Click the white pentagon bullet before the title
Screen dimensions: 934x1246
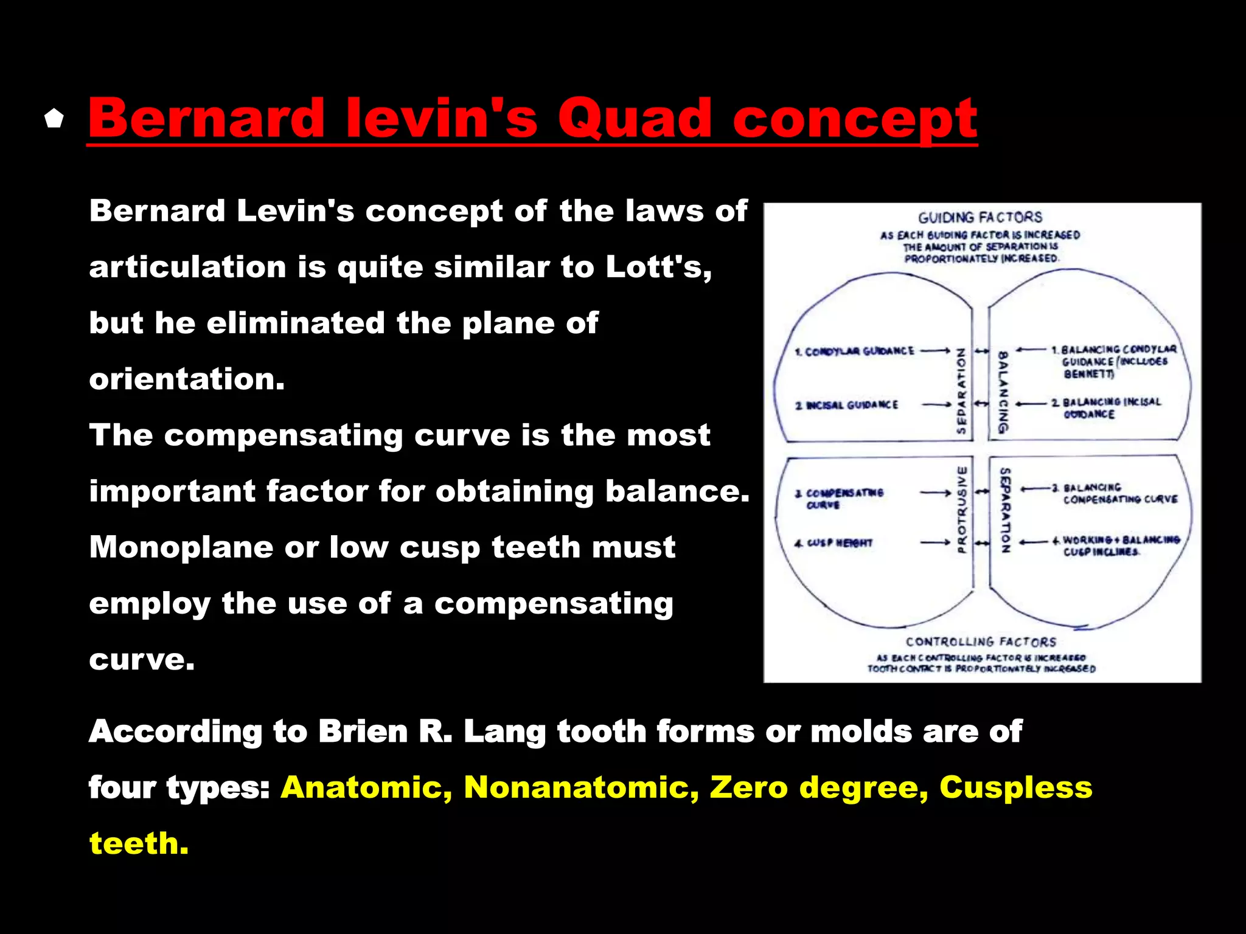pyautogui.click(x=54, y=119)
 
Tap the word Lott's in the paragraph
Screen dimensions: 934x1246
pyautogui.click(x=658, y=267)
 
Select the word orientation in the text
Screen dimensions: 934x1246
pyautogui.click(x=187, y=379)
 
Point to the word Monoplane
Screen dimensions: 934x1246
pyautogui.click(x=181, y=547)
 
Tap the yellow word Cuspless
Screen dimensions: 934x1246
pyautogui.click(x=1015, y=787)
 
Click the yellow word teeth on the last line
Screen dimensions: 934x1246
pyautogui.click(x=139, y=844)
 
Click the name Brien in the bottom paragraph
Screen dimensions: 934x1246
pyautogui.click(x=363, y=731)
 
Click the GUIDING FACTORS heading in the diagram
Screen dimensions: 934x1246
pyautogui.click(x=980, y=217)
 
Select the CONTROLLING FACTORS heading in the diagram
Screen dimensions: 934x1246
pyautogui.click(x=981, y=642)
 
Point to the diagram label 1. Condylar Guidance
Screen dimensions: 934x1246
pyautogui.click(x=854, y=351)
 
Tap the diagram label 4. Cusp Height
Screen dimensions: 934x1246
pyautogui.click(x=834, y=543)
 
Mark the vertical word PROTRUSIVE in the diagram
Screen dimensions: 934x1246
pyautogui.click(x=962, y=510)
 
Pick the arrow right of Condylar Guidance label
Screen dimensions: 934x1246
pyautogui.click(x=935, y=351)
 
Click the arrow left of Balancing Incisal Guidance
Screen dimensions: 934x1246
pyautogui.click(x=1031, y=404)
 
